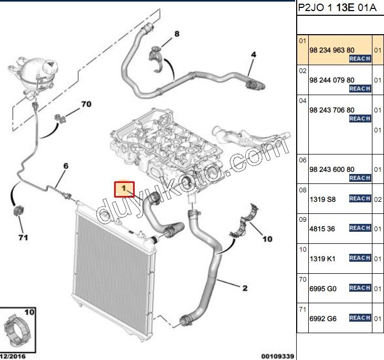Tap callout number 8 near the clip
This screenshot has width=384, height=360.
(x=177, y=34)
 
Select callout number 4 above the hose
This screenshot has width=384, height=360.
(x=253, y=55)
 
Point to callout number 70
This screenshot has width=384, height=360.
(x=86, y=105)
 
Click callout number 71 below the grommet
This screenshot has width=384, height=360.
(x=23, y=238)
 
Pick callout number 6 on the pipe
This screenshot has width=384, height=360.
(x=66, y=167)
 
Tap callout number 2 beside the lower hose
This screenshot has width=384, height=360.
(x=245, y=287)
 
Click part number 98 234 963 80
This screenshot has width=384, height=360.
(x=331, y=50)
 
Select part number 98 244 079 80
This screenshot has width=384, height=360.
(x=331, y=80)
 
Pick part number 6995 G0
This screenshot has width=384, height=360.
(x=322, y=288)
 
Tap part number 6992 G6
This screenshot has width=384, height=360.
(x=322, y=318)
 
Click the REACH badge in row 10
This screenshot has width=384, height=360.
(x=360, y=258)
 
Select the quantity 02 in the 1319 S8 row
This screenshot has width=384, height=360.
(x=377, y=199)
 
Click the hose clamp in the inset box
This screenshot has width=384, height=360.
(x=19, y=331)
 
